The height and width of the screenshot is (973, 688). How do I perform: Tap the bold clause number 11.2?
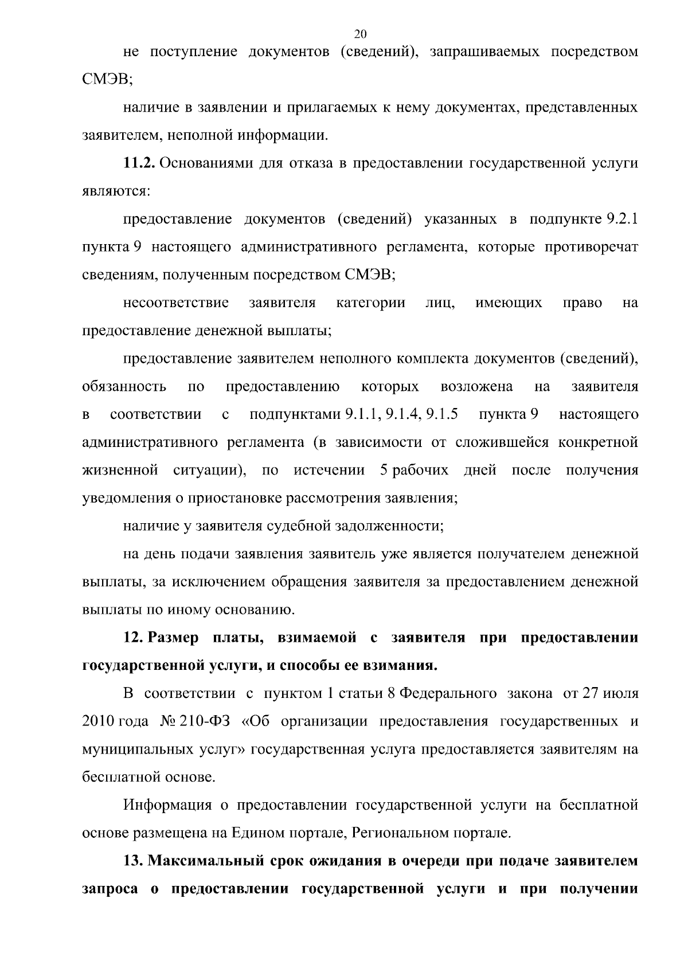point(139,163)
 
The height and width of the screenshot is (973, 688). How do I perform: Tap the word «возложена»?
point(476,387)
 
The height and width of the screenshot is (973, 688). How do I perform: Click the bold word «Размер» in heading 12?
point(174,638)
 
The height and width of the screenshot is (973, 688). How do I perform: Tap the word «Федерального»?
point(447,694)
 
